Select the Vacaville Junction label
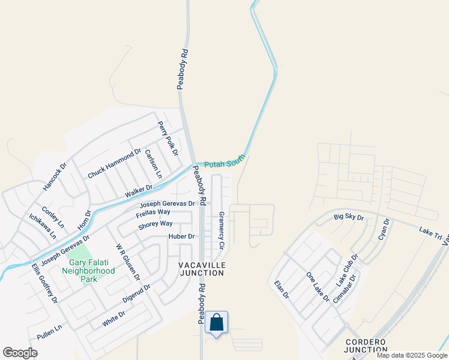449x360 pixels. click(x=202, y=268)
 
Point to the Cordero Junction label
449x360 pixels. click(x=366, y=345)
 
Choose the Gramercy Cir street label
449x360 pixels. click(x=221, y=230)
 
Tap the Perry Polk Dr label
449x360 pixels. click(x=168, y=138)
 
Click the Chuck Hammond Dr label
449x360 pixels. click(x=114, y=163)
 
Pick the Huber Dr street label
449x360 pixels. click(x=182, y=236)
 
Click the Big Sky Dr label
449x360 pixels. click(x=349, y=216)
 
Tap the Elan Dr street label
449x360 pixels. click(x=282, y=290)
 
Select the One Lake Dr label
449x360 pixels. click(x=318, y=287)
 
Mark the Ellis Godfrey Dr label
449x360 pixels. click(x=46, y=284)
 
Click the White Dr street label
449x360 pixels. click(x=113, y=319)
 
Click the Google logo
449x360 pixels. click(x=20, y=353)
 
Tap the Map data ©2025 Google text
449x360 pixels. click(x=411, y=355)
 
